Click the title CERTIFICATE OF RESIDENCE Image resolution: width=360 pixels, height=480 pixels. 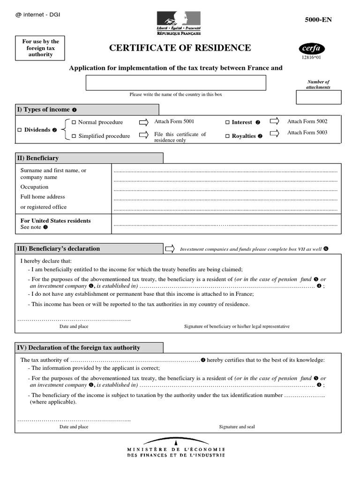pyautogui.click(x=180, y=48)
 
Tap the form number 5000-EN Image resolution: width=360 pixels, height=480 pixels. pyautogui.click(x=318, y=20)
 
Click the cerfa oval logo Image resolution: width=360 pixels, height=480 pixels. pyautogui.click(x=311, y=48)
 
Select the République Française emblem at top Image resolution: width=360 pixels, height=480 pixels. pyautogui.click(x=178, y=23)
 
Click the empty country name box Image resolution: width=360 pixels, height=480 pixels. pyautogui.click(x=176, y=82)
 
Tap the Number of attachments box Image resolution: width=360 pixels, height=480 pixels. pyautogui.click(x=318, y=97)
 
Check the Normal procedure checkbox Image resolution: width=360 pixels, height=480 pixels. pyautogui.click(x=74, y=122)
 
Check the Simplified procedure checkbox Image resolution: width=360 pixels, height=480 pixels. pyautogui.click(x=74, y=136)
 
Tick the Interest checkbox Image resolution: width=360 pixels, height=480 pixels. pyautogui.click(x=227, y=122)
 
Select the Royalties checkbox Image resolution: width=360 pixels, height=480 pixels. pyautogui.click(x=227, y=136)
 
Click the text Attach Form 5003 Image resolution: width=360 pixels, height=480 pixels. pyautogui.click(x=307, y=133)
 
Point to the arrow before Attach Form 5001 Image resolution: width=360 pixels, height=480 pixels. pyautogui.click(x=143, y=122)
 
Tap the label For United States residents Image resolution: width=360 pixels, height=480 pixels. pyautogui.click(x=55, y=221)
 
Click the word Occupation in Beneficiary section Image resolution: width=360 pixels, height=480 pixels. pyautogui.click(x=34, y=187)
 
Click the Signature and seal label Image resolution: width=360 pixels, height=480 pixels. pyautogui.click(x=237, y=427)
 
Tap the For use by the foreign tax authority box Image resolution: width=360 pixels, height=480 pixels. pyautogui.click(x=40, y=48)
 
